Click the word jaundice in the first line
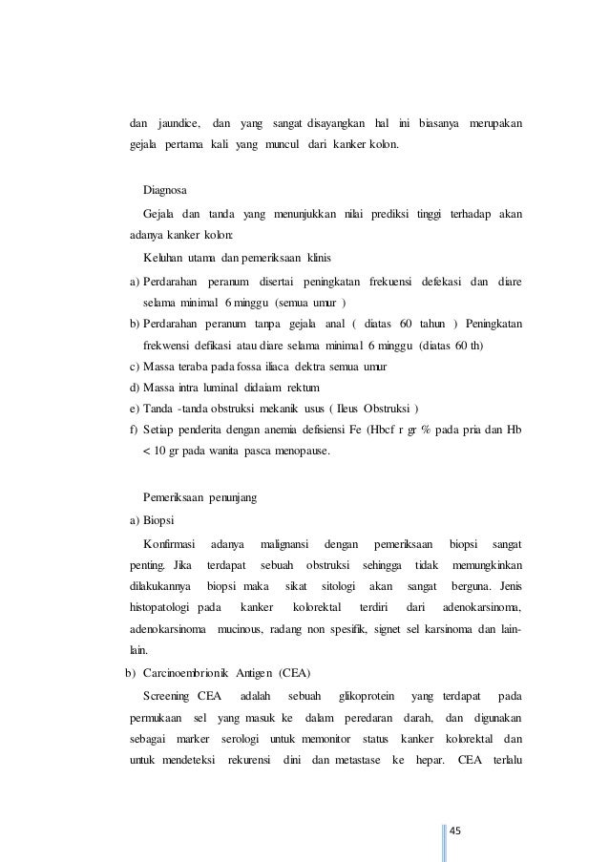tap(178, 123)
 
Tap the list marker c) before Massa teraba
tap(135, 368)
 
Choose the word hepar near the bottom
tap(421, 762)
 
